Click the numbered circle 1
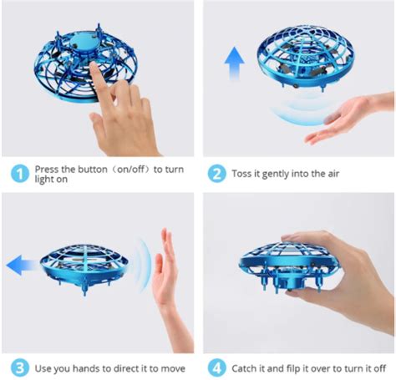tap(18, 173)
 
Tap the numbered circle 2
tap(216, 173)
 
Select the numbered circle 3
tap(18, 367)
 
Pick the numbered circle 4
tap(216, 367)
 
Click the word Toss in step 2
tap(242, 173)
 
